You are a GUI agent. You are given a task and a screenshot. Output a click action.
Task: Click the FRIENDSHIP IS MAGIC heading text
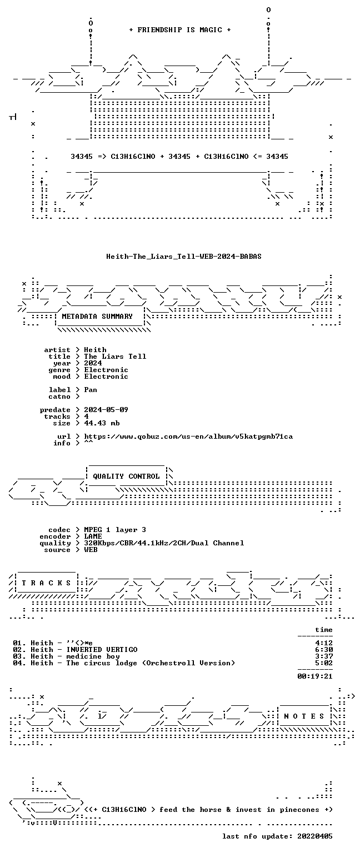pos(180,29)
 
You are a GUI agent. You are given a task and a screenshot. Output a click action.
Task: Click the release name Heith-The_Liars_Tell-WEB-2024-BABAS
pos(184,256)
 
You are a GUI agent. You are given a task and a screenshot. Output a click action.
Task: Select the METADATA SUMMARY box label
pos(97,316)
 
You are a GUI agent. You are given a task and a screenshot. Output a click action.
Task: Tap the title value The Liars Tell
pos(115,357)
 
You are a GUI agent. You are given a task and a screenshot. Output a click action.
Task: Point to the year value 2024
pos(93,363)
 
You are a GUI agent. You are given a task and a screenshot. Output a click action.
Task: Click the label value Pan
pos(91,389)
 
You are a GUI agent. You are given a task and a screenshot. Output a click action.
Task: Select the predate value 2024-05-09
pos(106,410)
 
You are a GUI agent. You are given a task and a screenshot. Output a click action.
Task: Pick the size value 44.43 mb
pos(102,423)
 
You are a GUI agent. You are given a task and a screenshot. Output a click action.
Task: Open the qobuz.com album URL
pos(188,436)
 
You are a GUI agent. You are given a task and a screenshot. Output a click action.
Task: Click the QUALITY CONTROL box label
pos(126,476)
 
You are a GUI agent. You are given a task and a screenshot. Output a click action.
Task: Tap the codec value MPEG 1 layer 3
pos(115,530)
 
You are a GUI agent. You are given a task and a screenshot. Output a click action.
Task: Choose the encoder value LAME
pos(93,536)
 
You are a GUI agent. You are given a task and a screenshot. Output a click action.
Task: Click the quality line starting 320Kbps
pos(164,543)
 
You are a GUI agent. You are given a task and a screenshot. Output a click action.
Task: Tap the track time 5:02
pos(324,663)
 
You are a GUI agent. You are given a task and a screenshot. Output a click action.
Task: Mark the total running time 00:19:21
pos(315,676)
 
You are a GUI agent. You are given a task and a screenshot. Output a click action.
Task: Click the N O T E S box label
pos(304,716)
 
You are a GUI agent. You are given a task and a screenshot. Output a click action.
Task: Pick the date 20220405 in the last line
pos(315,836)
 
